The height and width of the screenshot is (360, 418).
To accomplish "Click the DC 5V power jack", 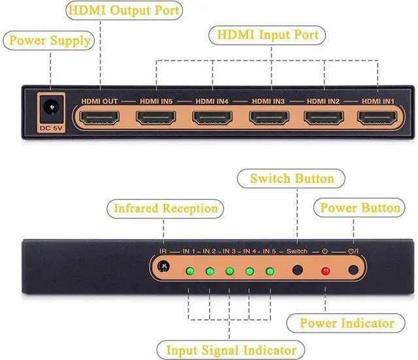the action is coord(52,108).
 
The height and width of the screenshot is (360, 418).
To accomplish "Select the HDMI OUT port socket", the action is coord(99,118).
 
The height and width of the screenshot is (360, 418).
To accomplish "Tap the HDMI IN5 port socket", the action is coord(156,118).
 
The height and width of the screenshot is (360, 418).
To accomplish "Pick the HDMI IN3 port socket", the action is coord(269,118).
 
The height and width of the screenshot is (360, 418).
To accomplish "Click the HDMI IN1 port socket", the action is coord(378,118).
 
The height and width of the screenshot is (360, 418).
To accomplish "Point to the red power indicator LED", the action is coord(325,271).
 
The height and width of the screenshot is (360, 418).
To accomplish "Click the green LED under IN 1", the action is coord(190,271).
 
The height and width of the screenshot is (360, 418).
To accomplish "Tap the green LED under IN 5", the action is coord(270,271).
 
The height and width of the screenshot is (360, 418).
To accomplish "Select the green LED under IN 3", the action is coord(229,271).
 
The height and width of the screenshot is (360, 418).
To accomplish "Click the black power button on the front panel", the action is coord(353,270).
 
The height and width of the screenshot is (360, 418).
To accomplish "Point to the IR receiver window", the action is coord(163,266).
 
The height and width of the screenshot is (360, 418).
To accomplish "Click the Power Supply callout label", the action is coord(49,41).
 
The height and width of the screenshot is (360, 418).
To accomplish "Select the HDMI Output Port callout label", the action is coord(124,10).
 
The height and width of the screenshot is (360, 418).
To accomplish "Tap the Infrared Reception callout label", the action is coord(165,209).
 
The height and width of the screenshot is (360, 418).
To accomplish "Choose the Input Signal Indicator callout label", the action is coord(231,350).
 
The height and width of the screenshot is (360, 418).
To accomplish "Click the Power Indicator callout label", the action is coord(346,323).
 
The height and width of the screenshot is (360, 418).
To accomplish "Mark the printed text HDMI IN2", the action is coord(323,101).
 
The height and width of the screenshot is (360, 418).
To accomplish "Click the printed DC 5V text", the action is coord(51,128).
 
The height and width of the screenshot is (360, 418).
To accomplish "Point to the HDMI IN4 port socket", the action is coord(212,118).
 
